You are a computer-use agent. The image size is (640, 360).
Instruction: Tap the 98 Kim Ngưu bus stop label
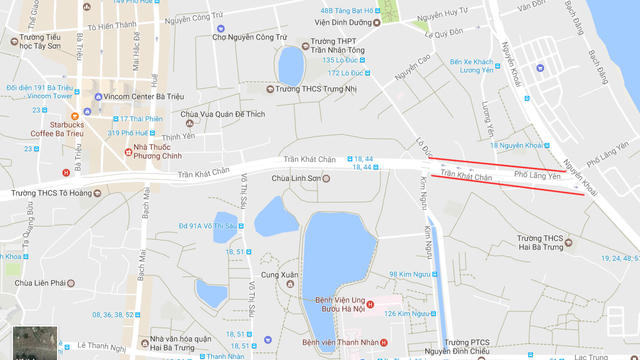(414, 274)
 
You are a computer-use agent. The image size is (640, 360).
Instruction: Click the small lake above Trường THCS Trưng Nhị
(290, 66)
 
